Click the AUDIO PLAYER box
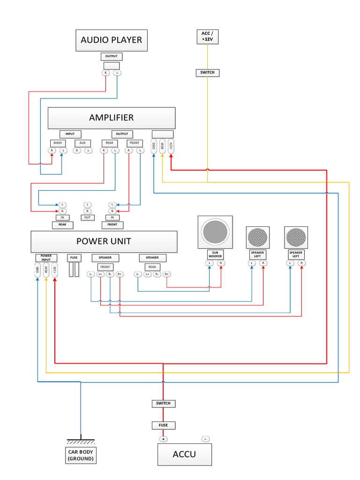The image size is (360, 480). click(111, 40)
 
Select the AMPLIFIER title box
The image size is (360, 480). click(111, 118)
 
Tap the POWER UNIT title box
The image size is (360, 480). click(104, 242)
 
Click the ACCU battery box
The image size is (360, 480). click(184, 454)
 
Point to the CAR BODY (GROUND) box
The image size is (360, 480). click(81, 455)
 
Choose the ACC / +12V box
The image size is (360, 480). click(207, 37)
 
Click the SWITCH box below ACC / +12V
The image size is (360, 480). click(207, 73)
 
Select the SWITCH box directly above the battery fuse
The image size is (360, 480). click(164, 403)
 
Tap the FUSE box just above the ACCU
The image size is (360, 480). click(164, 425)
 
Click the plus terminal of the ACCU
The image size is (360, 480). click(164, 439)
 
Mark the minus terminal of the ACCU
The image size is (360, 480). click(205, 439)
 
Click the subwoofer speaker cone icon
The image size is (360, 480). click(215, 232)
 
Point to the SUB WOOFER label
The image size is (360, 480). click(215, 255)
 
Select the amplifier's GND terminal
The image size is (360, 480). click(154, 146)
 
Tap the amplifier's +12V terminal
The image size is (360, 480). click(171, 146)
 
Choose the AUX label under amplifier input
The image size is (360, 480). click(82, 142)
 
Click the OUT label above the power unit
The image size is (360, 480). click(88, 217)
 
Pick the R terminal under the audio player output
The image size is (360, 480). click(105, 73)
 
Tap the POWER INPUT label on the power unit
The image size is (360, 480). click(46, 257)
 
